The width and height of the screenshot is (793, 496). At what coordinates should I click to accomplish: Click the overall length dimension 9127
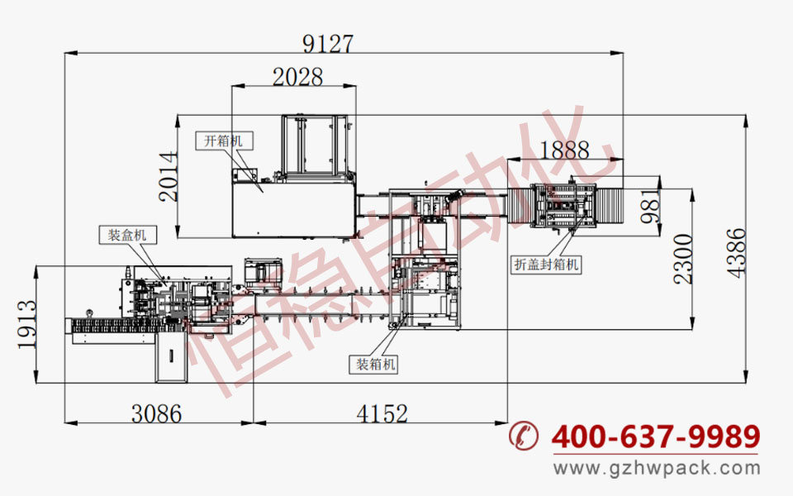click(x=328, y=44)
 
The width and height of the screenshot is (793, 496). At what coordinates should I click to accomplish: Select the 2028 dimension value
click(x=297, y=77)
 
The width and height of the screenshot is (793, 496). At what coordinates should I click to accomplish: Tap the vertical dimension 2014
click(x=169, y=177)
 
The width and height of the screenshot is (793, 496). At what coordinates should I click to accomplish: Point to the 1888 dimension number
click(x=564, y=150)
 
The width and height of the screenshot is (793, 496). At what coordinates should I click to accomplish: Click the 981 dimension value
click(x=650, y=207)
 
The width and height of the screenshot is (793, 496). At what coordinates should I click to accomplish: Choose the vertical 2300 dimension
click(x=683, y=259)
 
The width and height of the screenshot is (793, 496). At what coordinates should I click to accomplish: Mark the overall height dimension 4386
click(x=736, y=253)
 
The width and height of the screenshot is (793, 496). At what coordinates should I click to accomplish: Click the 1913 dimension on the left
click(x=27, y=324)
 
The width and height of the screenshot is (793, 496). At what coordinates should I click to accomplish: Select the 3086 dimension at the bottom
click(x=156, y=413)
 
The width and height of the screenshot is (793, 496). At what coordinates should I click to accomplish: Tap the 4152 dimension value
click(x=382, y=413)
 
